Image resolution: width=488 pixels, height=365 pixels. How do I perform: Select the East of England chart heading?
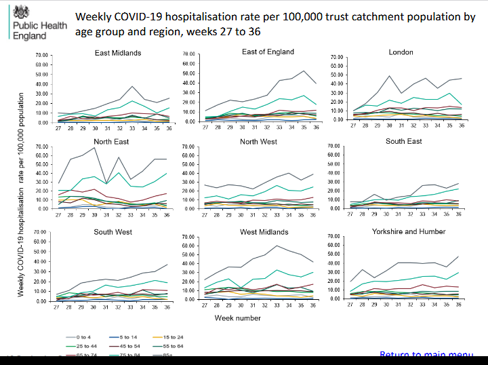tap(268, 52)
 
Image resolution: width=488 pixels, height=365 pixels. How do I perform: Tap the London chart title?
tap(401, 52)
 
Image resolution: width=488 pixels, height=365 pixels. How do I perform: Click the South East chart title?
tap(404, 141)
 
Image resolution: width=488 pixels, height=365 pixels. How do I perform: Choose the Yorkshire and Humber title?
tap(409, 231)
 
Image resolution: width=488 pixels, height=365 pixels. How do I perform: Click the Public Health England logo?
tap(29, 22)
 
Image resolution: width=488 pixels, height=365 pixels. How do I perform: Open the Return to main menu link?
tap(426, 355)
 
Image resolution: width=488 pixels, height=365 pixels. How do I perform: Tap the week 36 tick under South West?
tap(167, 306)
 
